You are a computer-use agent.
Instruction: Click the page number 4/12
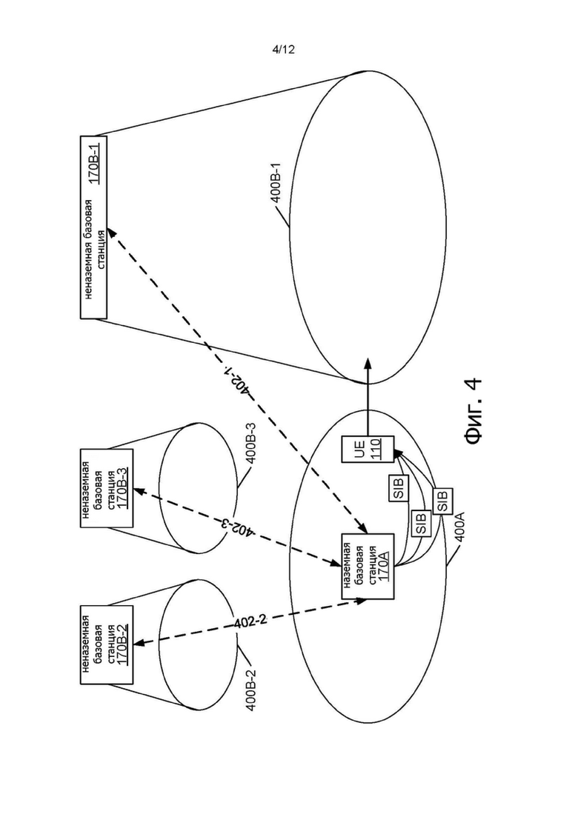(284, 50)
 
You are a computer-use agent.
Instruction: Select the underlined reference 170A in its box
(385, 565)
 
